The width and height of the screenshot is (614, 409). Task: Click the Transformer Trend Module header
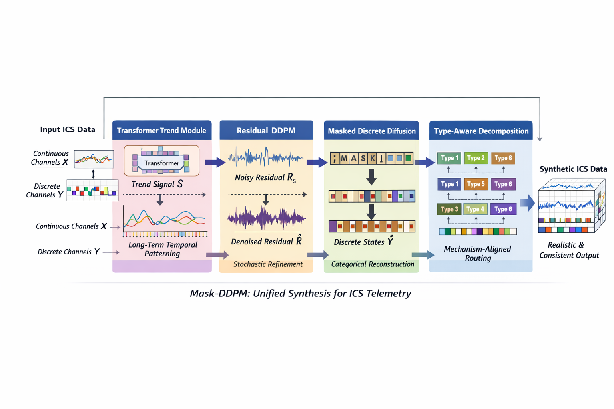click(161, 131)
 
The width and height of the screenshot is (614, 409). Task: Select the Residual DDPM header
click(266, 131)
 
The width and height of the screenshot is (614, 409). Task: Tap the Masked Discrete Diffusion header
click(371, 131)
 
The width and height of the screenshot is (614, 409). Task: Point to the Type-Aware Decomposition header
click(481, 131)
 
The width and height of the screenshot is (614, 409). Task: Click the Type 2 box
click(476, 158)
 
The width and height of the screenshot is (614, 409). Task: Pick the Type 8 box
click(503, 158)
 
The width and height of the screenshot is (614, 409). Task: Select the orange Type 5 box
click(476, 184)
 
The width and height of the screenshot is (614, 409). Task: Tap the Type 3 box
click(449, 209)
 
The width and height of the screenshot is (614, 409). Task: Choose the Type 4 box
click(475, 209)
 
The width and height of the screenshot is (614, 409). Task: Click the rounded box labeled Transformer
click(161, 161)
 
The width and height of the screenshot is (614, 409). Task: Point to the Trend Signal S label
click(157, 184)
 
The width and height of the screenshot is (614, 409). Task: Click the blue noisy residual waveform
click(265, 158)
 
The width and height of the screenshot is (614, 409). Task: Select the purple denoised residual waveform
click(266, 218)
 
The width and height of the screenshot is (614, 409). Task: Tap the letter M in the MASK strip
click(344, 159)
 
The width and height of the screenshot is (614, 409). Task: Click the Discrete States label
click(363, 242)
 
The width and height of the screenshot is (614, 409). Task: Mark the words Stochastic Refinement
click(268, 264)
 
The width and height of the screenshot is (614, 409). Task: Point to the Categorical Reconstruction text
click(372, 264)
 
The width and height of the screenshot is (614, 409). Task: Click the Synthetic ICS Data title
click(573, 169)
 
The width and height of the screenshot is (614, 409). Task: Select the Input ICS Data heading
click(68, 129)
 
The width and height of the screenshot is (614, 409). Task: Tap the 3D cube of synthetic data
click(571, 206)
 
